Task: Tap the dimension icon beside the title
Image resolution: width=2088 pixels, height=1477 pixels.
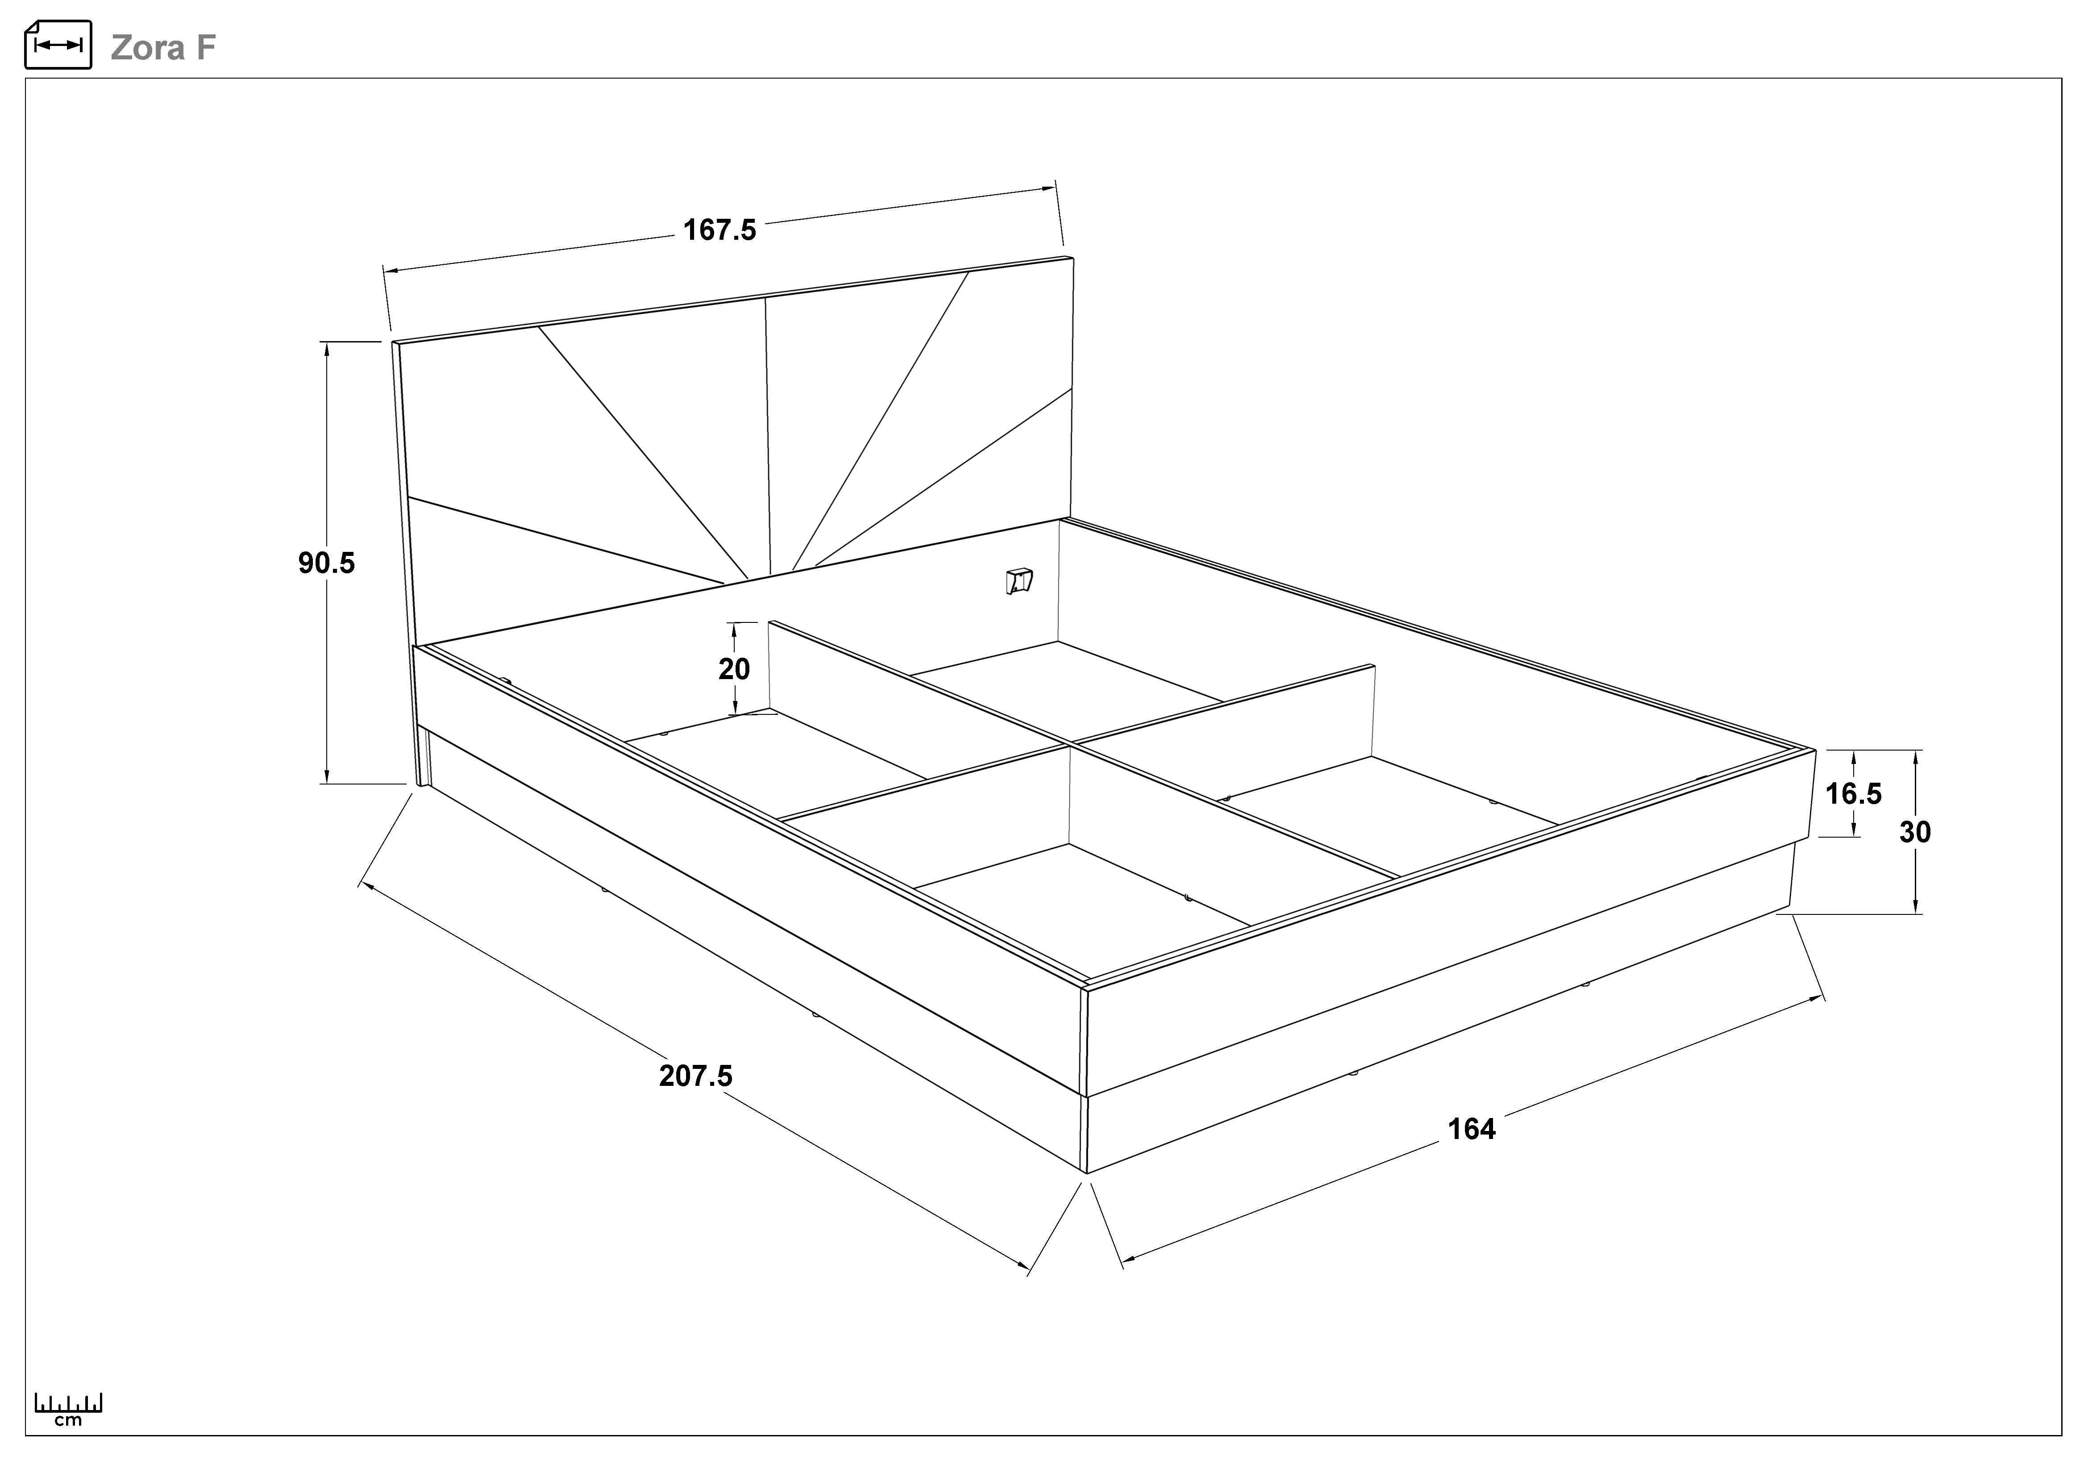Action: click(x=58, y=45)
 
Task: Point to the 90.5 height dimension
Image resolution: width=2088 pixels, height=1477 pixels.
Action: click(x=326, y=563)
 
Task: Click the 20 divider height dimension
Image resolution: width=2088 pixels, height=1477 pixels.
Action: click(x=734, y=669)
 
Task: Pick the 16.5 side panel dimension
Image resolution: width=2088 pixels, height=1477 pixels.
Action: click(x=1853, y=794)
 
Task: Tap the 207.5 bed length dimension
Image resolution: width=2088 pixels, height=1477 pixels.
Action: click(x=696, y=1076)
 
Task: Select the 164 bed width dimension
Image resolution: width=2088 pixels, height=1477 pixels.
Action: click(x=1472, y=1129)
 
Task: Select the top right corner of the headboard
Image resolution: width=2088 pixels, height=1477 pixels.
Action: click(x=1073, y=258)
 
